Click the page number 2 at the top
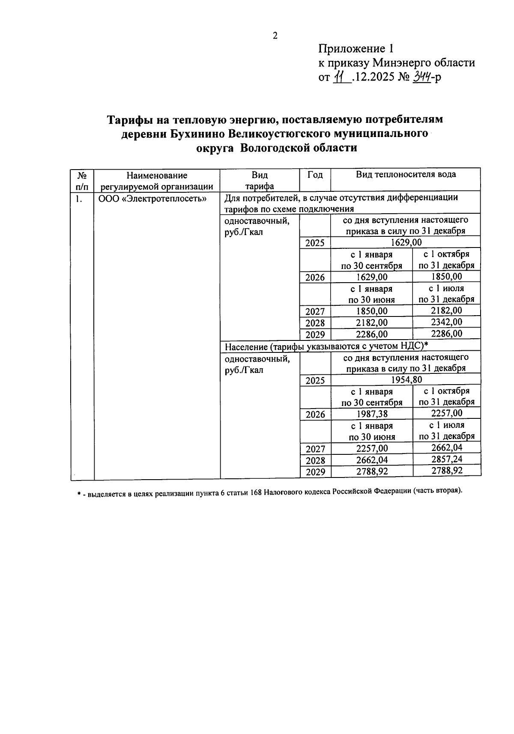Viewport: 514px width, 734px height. tap(275, 36)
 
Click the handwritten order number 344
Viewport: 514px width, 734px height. tap(421, 77)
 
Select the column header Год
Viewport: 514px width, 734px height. tap(315, 175)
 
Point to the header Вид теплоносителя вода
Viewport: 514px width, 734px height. tap(406, 174)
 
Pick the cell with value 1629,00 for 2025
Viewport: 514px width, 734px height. tap(406, 243)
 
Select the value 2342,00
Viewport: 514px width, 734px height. tap(446, 322)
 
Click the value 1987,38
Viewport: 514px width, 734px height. tap(372, 414)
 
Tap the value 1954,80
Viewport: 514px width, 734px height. tap(406, 379)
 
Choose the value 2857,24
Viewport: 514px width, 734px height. tap(446, 459)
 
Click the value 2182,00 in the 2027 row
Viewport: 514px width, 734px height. tap(446, 310)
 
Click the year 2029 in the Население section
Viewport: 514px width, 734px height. tap(315, 472)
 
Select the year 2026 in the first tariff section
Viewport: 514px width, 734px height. tap(315, 277)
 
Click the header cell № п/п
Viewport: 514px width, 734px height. tap(82, 180)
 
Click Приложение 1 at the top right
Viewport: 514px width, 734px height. tap(355, 48)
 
